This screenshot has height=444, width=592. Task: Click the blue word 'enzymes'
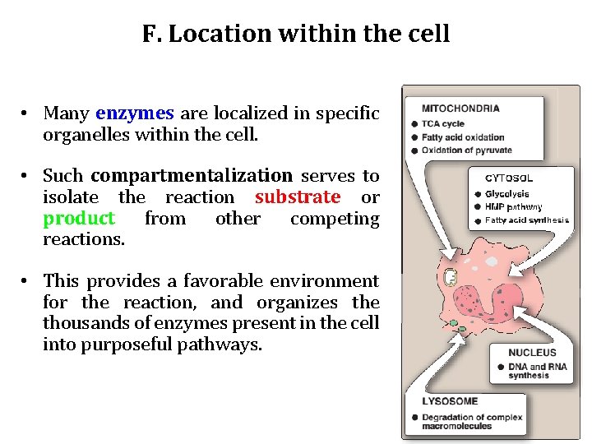pyautogui.click(x=134, y=113)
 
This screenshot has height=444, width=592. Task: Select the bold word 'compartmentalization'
pyautogui.click(x=192, y=176)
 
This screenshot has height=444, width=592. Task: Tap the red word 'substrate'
pyautogui.click(x=297, y=197)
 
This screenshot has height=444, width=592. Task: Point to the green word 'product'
pyautogui.click(x=79, y=219)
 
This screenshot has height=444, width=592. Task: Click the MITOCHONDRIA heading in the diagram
pyautogui.click(x=460, y=108)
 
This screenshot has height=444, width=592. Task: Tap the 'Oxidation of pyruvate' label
pyautogui.click(x=466, y=150)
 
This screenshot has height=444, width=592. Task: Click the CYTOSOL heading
pyautogui.click(x=508, y=178)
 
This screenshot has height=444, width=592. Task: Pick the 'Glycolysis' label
pyautogui.click(x=507, y=195)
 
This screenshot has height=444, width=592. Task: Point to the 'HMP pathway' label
pyautogui.click(x=513, y=207)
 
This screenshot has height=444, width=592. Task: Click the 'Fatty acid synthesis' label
pyautogui.click(x=526, y=220)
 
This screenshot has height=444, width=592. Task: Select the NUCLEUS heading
pyautogui.click(x=532, y=353)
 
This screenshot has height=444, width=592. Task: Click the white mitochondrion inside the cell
pyautogui.click(x=450, y=278)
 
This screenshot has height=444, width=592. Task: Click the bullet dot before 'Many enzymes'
pyautogui.click(x=26, y=113)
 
